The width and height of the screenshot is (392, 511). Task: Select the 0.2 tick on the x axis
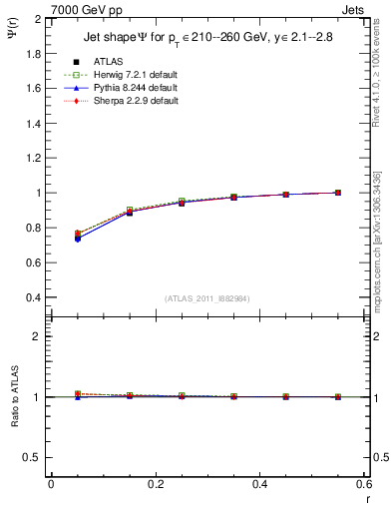(155, 486)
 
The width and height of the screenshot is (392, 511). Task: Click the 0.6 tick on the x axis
(363, 486)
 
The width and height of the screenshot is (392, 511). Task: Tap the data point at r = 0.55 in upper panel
(338, 193)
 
